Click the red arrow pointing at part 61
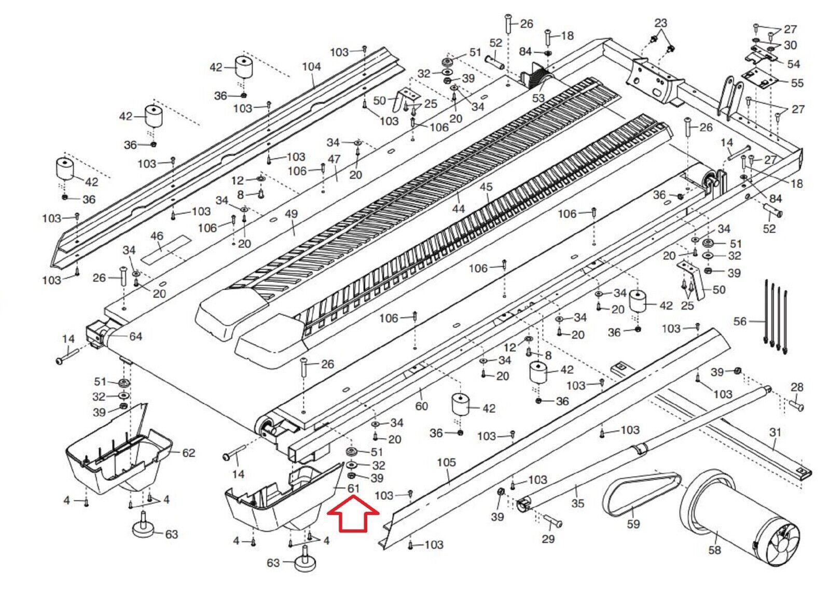[353, 514]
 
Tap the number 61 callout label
[353, 488]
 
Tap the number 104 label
[311, 66]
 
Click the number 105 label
[446, 462]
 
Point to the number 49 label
[291, 214]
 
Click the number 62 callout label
[188, 453]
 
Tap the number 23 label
[660, 23]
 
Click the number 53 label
[538, 98]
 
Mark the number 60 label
[421, 406]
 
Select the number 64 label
[135, 337]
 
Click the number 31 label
[775, 432]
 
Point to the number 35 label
[577, 503]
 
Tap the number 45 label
[486, 187]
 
